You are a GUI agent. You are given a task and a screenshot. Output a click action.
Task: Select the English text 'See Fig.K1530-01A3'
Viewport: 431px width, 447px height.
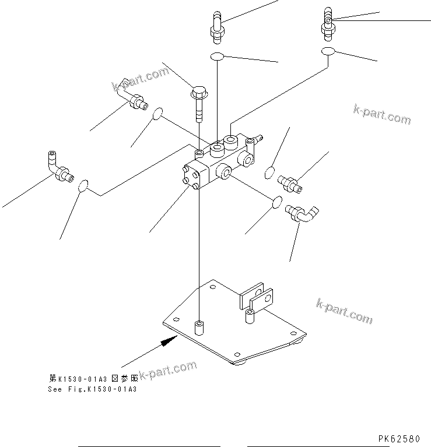[92, 389]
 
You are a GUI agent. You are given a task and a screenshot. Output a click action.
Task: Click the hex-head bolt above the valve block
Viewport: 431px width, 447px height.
[199, 103]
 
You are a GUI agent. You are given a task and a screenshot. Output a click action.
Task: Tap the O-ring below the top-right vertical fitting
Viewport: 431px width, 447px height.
[328, 52]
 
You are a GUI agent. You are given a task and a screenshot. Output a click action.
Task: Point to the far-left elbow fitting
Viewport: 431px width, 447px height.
[58, 168]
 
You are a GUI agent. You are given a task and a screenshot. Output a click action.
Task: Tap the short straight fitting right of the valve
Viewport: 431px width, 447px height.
[290, 182]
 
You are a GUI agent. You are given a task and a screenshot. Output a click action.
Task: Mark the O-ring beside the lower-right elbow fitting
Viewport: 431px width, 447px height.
[277, 202]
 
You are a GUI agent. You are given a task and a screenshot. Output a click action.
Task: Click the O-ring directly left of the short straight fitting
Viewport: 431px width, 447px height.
[269, 173]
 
